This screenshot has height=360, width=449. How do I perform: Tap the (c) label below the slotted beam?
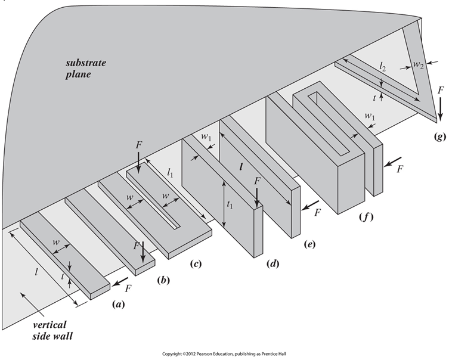pos(194,263)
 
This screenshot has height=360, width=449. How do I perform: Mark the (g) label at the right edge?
pos(439,136)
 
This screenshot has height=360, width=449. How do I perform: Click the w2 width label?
pos(423,64)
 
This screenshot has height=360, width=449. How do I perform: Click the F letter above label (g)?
pos(440,91)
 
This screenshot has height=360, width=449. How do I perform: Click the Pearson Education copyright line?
pos(224,353)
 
